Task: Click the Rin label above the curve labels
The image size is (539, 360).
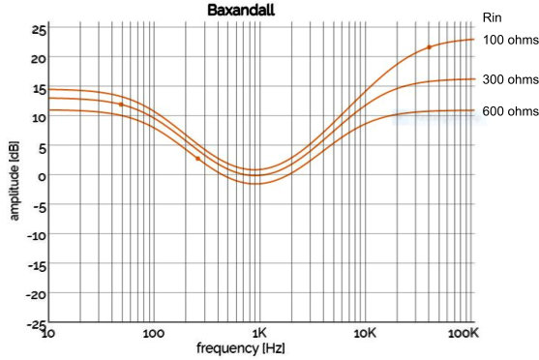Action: [x=492, y=16]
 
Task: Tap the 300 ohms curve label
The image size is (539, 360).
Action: [x=507, y=79]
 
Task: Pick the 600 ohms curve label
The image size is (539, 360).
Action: [x=507, y=111]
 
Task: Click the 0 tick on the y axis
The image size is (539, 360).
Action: [x=41, y=175]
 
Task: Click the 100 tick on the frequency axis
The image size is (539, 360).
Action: [x=154, y=334]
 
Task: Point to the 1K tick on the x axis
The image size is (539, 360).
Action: [x=257, y=334]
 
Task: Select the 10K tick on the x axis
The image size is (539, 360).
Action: [x=365, y=334]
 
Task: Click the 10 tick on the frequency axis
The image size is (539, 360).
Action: [x=48, y=334]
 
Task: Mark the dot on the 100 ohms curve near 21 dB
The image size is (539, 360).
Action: [x=430, y=47]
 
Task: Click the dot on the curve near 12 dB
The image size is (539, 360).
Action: [x=121, y=105]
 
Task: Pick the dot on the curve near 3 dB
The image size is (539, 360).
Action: [x=198, y=159]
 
